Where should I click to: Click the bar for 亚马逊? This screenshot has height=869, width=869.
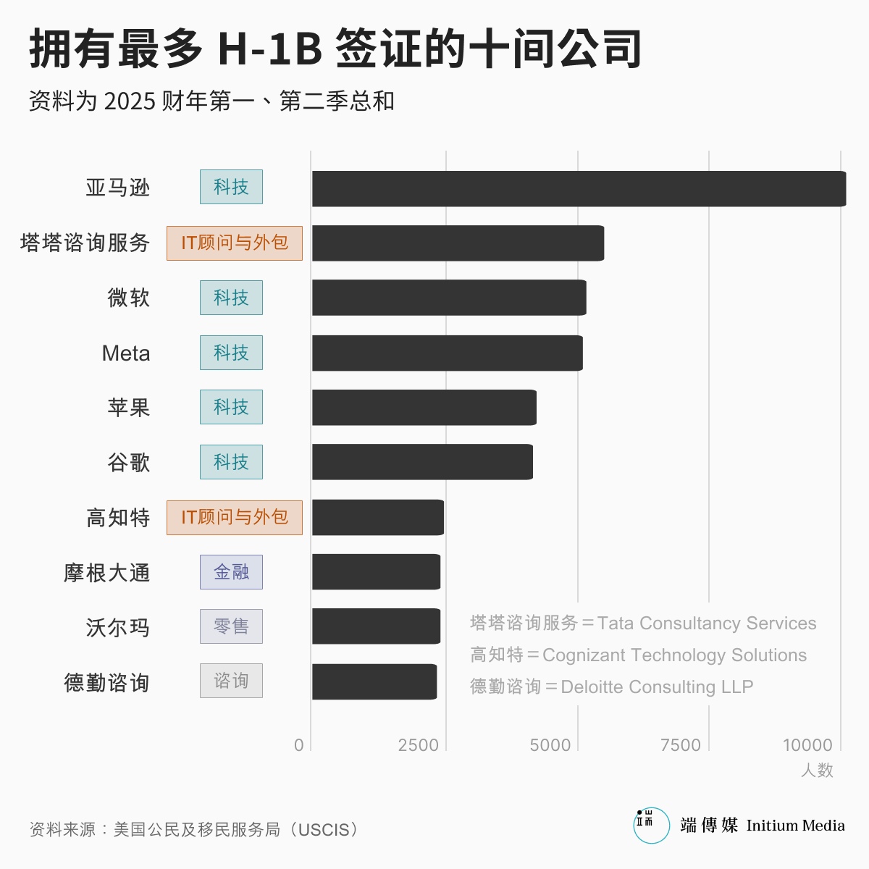(579, 188)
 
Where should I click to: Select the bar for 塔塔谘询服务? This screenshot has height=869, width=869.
(458, 243)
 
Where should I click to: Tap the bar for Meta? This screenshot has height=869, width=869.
(447, 353)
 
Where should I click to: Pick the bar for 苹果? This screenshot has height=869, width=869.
(424, 407)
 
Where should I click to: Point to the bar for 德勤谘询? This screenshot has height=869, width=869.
(374, 681)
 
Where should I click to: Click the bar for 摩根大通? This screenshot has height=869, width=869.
(376, 572)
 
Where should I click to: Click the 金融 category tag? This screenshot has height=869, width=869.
(231, 572)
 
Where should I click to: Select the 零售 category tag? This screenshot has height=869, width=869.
(231, 626)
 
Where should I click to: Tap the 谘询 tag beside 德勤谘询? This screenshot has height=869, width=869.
(231, 681)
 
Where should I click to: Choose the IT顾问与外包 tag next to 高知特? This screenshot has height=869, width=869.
(235, 517)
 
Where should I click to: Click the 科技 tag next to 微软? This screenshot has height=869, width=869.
(231, 298)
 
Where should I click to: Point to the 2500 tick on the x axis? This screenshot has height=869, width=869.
(418, 745)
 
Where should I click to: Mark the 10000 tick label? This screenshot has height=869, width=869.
(807, 745)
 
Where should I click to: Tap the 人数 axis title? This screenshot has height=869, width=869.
(817, 771)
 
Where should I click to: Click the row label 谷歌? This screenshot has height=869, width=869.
(129, 462)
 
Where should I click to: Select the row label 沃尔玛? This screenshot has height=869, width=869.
(118, 627)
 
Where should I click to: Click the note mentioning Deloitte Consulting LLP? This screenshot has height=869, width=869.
(612, 687)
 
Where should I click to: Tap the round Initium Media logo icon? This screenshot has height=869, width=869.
(651, 826)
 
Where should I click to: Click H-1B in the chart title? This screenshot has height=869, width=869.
(269, 49)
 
